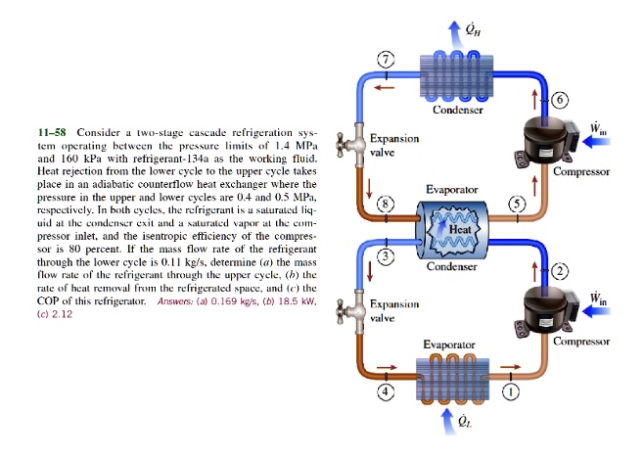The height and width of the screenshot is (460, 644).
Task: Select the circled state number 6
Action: click(560, 100)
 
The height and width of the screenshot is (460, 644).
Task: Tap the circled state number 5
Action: click(517, 204)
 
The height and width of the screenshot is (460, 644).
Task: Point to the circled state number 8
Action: click(388, 204)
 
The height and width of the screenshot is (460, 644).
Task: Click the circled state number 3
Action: click(388, 256)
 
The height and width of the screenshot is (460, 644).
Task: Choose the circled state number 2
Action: click(560, 270)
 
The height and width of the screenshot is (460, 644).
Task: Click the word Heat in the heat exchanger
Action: click(461, 229)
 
